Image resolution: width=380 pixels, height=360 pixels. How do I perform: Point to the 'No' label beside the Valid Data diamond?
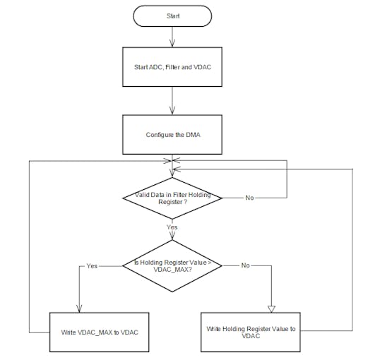(x=249, y=198)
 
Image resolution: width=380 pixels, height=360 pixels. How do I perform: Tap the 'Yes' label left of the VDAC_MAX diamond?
(x=91, y=266)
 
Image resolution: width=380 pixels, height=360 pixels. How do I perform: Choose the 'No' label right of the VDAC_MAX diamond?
(x=245, y=266)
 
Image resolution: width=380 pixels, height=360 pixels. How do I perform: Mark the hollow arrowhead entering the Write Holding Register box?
(x=271, y=307)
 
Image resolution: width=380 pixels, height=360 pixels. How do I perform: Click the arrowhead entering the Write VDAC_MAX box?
(x=79, y=308)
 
